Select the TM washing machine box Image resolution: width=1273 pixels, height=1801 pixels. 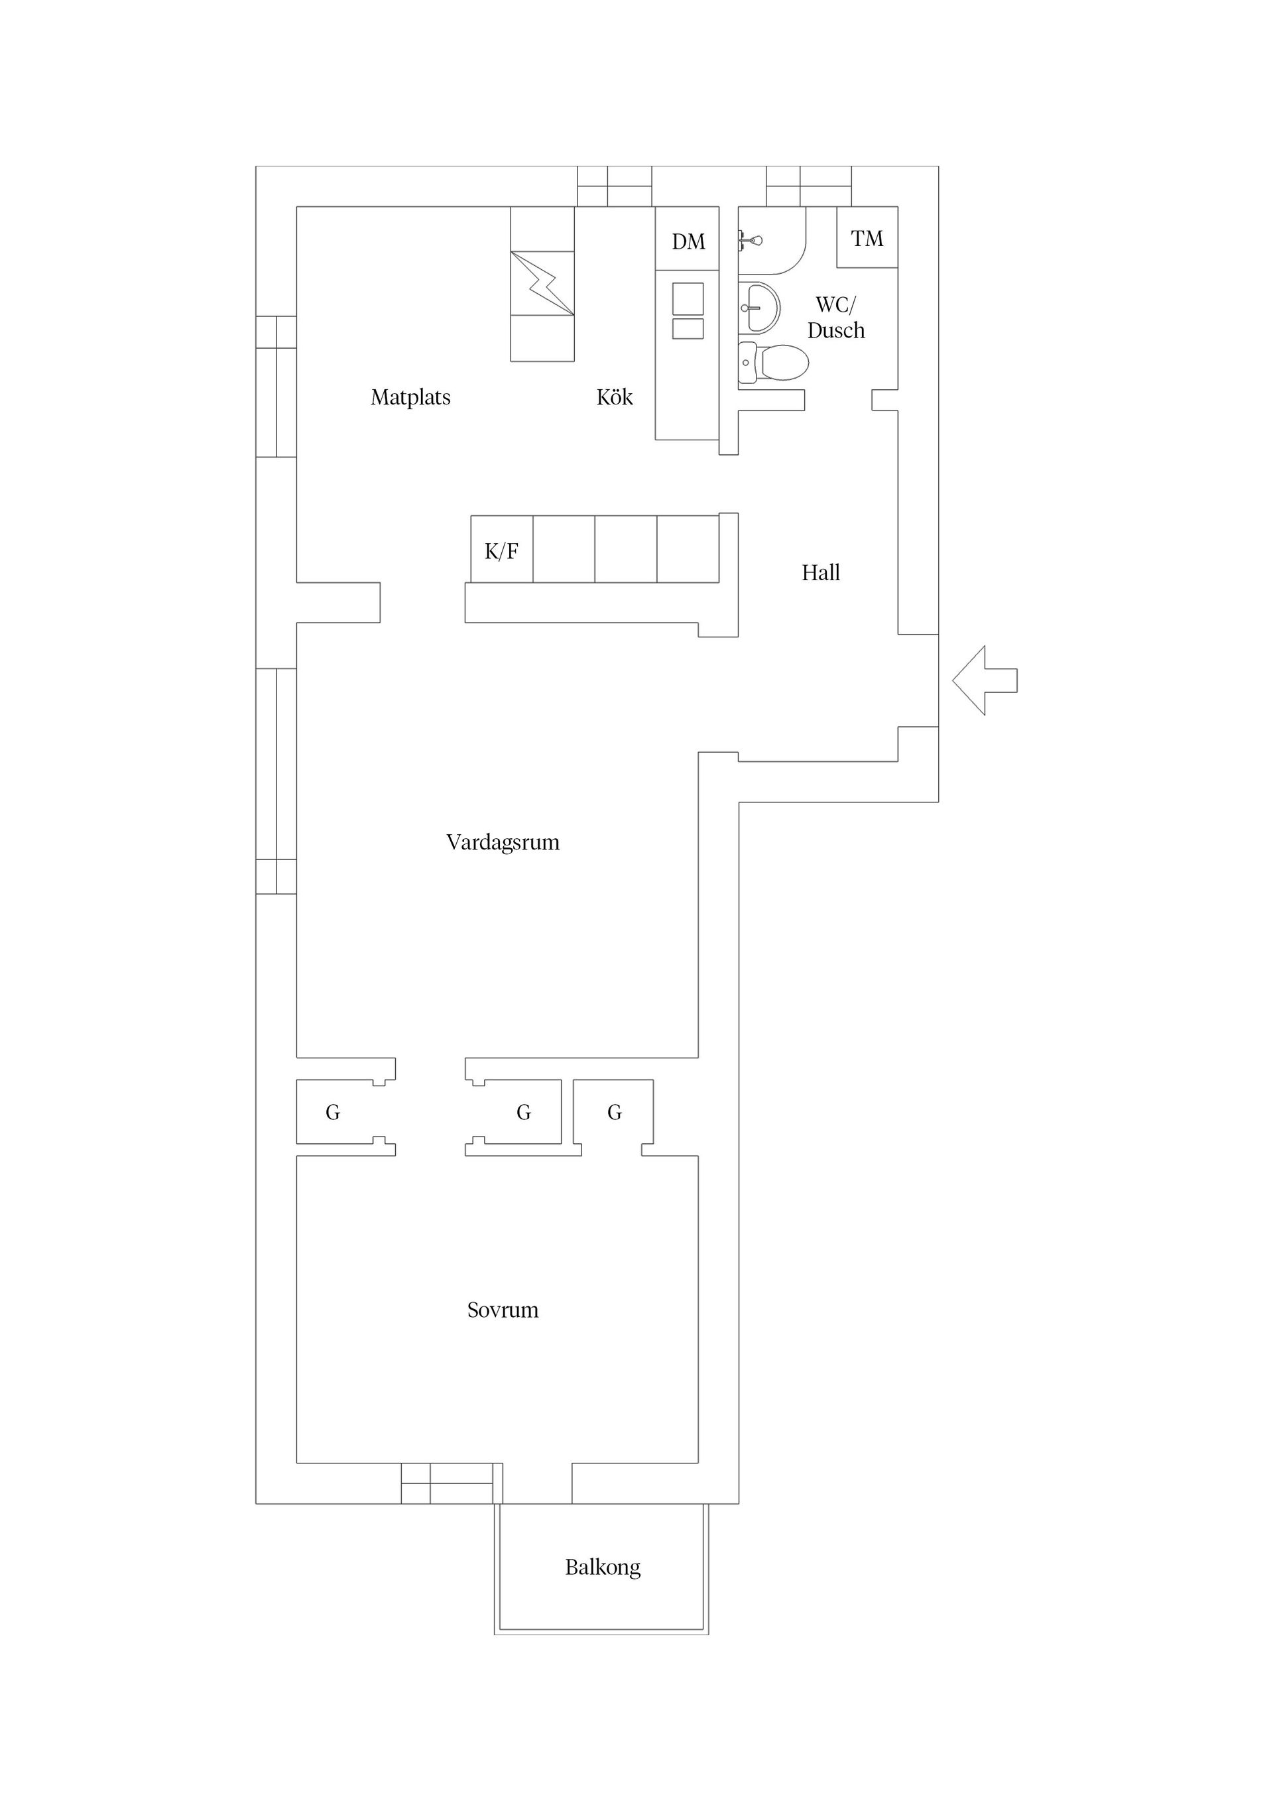point(867,237)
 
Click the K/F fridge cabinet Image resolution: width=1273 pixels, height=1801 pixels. point(501,550)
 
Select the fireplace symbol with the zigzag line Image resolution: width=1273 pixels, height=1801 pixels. point(542,283)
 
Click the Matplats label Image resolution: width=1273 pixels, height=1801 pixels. point(410,398)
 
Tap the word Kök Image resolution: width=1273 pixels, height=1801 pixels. point(614,398)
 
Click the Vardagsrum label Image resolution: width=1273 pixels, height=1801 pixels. point(503,842)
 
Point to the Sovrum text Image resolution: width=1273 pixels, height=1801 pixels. point(503,1309)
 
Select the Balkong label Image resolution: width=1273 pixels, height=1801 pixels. point(603,1566)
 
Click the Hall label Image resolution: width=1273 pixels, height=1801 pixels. point(820,573)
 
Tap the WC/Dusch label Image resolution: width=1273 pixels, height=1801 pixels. point(836,317)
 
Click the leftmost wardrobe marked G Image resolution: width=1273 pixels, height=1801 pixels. point(333,1111)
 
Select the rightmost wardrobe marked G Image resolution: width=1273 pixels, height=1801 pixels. point(614,1111)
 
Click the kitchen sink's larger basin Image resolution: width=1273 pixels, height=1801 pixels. point(688,299)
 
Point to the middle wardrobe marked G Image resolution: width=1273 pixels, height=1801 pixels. point(523,1111)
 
